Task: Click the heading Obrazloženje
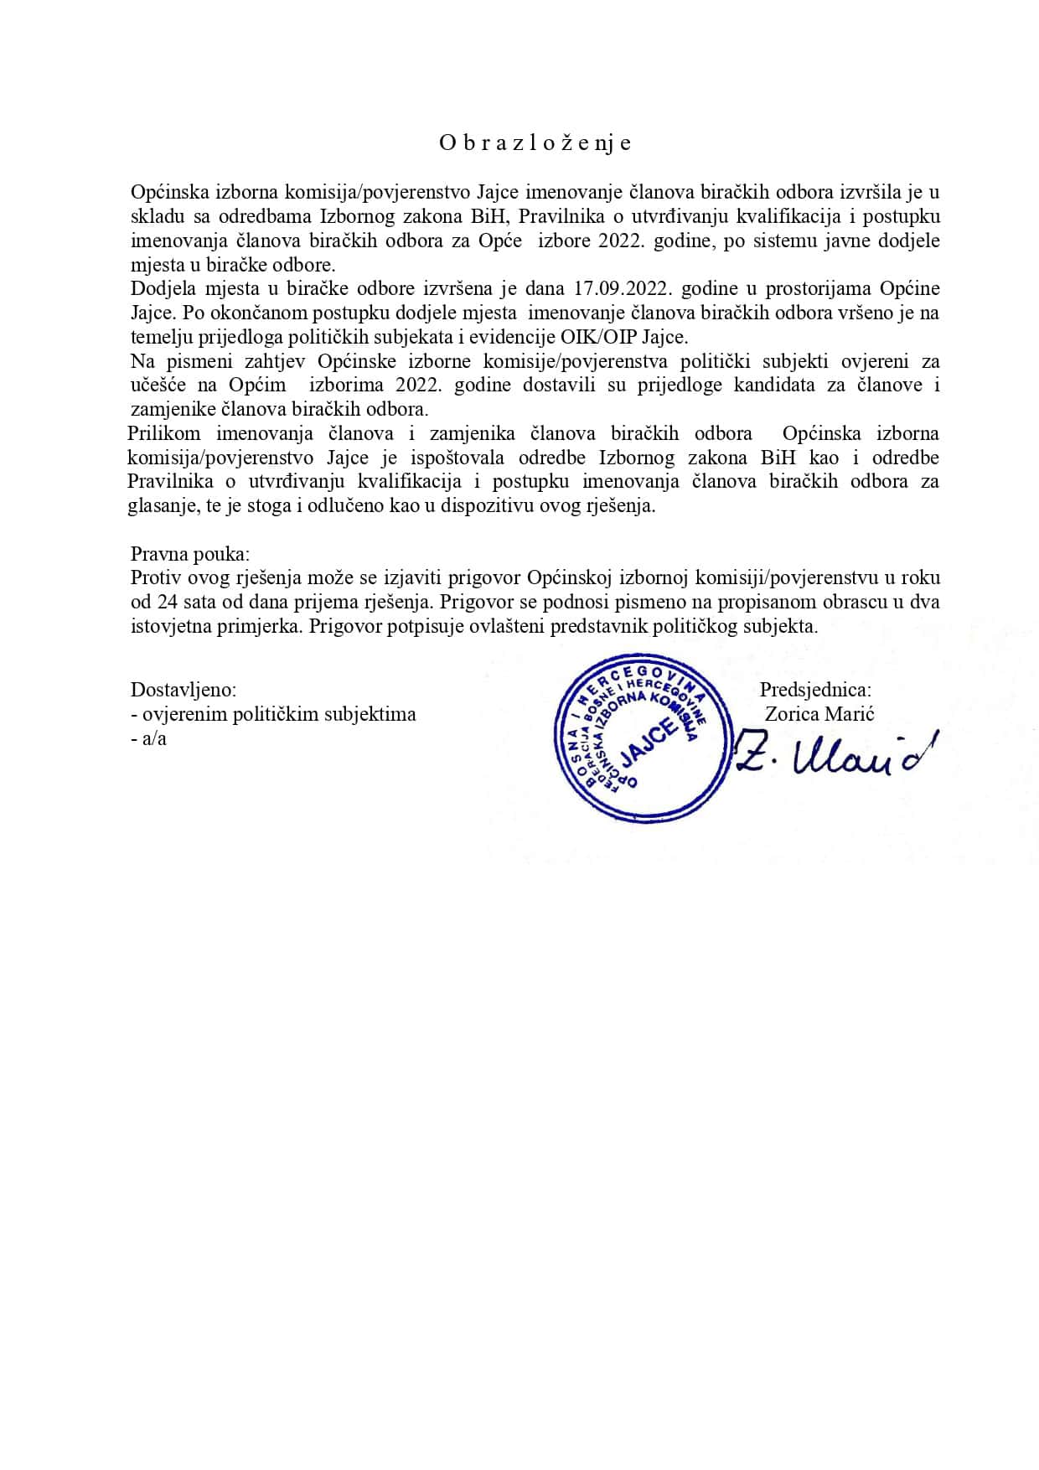click(535, 142)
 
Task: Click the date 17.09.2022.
click(624, 289)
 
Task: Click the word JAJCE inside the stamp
click(649, 738)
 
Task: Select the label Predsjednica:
click(814, 690)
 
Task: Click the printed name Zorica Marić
click(819, 714)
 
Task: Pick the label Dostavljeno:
click(184, 690)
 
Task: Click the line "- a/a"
click(149, 738)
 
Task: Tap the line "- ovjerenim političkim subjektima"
click(274, 714)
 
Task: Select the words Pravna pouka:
click(190, 554)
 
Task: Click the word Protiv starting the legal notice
click(157, 578)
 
